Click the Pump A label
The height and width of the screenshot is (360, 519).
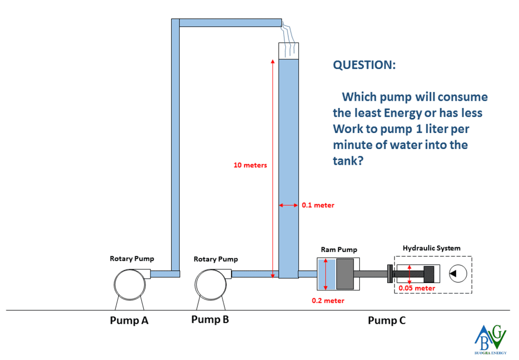click(129, 321)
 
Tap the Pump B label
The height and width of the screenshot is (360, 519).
click(210, 319)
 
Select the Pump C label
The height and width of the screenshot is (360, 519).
click(387, 321)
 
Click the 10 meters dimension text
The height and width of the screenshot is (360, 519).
click(250, 165)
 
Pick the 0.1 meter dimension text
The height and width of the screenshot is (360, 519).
click(318, 205)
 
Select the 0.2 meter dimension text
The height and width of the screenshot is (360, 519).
click(327, 300)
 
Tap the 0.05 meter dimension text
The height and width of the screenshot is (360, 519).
click(417, 288)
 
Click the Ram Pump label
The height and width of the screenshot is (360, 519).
click(339, 250)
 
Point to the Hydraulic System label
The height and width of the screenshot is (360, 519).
click(431, 248)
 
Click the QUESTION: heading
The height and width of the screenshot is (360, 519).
click(364, 65)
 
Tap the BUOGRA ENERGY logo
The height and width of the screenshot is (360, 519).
click(490, 340)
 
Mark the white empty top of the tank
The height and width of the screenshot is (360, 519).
click(289, 51)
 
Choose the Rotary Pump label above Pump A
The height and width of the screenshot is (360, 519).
click(132, 258)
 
